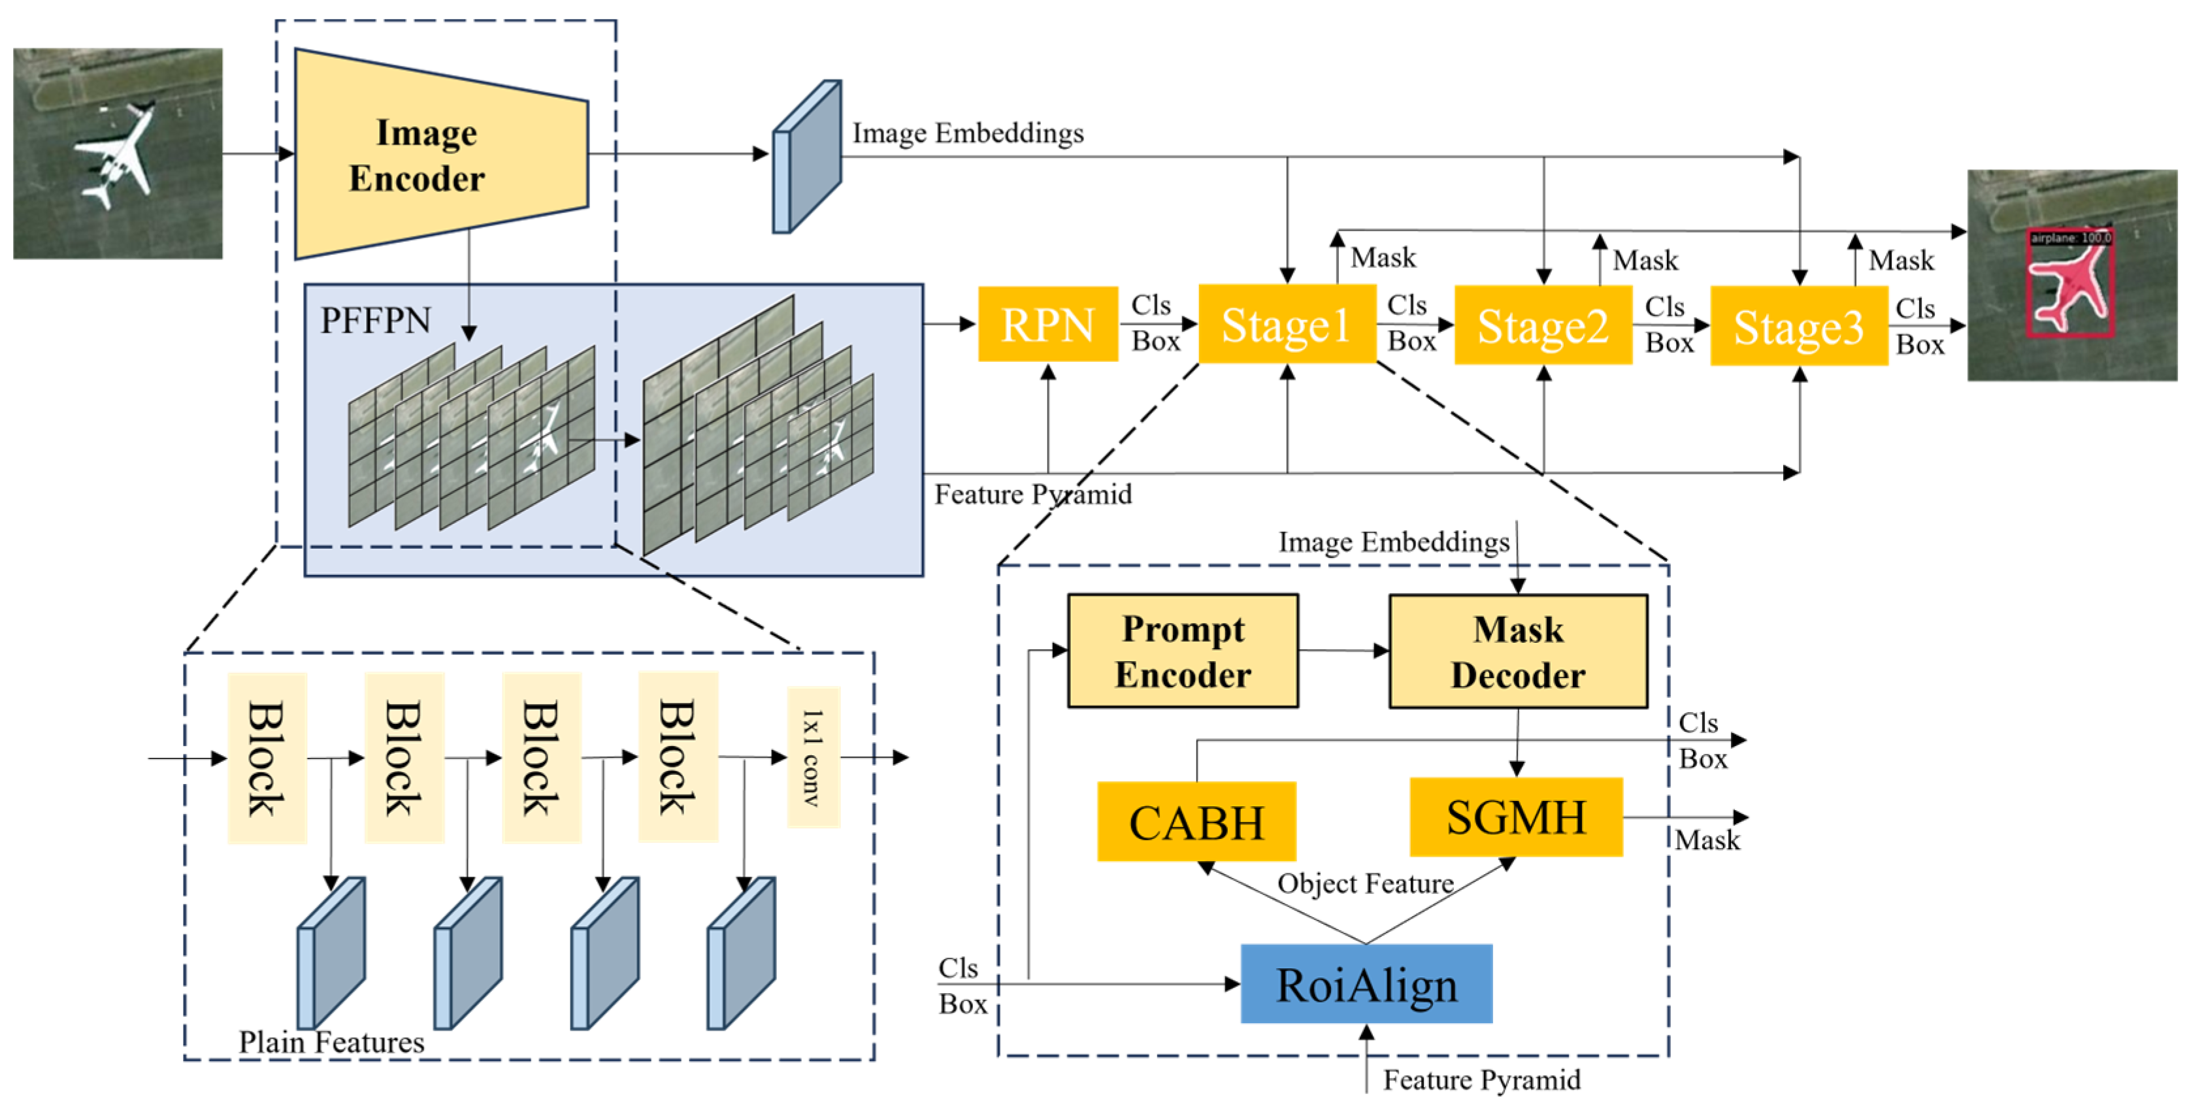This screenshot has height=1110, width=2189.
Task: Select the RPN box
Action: pos(1047,325)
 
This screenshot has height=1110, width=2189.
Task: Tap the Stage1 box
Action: pos(1287,325)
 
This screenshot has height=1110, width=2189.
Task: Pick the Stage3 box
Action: pos(1798,327)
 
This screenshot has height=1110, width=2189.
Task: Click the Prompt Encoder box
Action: pos(1182,651)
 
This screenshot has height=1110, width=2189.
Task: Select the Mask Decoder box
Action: pos(1518,652)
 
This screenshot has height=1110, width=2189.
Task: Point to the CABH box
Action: pos(1196,822)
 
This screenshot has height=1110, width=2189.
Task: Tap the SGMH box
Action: pos(1515,817)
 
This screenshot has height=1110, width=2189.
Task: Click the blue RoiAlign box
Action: pos(1366,984)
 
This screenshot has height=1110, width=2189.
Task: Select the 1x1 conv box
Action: pos(814,757)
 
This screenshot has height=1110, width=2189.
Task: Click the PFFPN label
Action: pos(375,320)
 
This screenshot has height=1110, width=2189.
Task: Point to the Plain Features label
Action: pos(331,1042)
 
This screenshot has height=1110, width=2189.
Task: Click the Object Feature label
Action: pos(1365,884)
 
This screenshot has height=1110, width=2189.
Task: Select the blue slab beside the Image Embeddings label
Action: pos(806,157)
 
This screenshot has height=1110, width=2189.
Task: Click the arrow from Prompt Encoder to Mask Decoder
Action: pos(1343,651)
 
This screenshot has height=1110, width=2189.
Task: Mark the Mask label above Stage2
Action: pos(1645,260)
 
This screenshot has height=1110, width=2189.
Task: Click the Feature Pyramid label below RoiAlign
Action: pos(1481,1080)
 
